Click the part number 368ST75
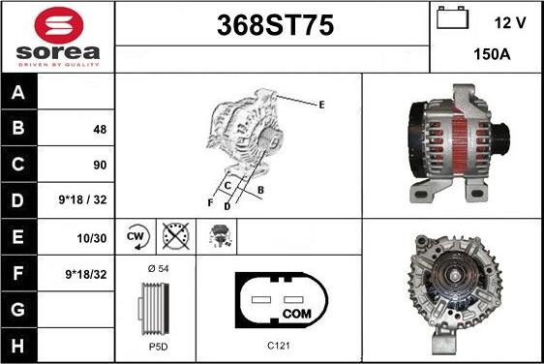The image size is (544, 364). coord(276,25)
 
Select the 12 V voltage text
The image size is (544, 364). coord(510,23)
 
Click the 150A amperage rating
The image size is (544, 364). coord(492,54)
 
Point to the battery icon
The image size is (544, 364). coord(452,17)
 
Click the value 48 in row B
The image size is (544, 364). coord(100,130)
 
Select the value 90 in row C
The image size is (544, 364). coord(100,165)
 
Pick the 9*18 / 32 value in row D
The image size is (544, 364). coord(83,199)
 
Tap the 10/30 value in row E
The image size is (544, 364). coord(92,238)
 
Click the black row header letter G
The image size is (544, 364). coord(17,309)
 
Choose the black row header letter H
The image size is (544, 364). coord(17,346)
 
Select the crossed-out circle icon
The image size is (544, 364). coord(176,236)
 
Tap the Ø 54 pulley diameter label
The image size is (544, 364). coord(158,268)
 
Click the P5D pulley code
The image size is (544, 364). coord(158,347)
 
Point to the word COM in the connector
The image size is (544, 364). coord(297,314)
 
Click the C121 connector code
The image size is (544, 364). coord(279,346)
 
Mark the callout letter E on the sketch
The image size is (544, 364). coord(321,105)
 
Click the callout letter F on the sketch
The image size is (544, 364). coord(210,202)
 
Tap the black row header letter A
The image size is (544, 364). coord(17,92)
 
